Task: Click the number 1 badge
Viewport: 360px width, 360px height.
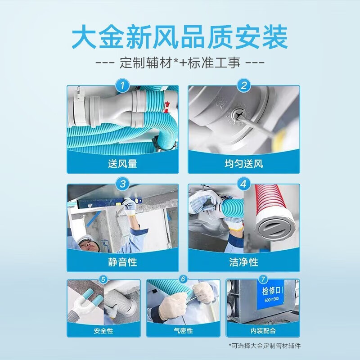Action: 122,85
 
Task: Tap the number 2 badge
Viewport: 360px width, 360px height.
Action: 243,85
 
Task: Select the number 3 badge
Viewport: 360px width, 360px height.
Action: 122,184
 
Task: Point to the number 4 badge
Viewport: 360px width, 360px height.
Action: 243,184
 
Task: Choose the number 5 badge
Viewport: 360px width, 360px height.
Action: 103,279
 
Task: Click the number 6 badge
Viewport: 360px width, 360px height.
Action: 183,279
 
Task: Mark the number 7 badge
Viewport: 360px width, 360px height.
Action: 263,279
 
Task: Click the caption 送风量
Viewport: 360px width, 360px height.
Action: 122,164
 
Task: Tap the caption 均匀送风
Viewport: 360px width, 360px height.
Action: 243,164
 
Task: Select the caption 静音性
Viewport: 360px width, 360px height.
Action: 122,262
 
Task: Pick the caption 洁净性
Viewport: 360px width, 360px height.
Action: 243,262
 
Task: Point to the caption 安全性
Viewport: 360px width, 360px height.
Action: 103,331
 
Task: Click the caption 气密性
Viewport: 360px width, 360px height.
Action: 183,331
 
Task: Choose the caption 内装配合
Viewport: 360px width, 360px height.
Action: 263,331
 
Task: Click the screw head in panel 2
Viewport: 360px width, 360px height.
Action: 238,115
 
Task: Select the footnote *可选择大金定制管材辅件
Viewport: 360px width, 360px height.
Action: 265,346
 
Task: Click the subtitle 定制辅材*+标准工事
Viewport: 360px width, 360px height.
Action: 180,63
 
